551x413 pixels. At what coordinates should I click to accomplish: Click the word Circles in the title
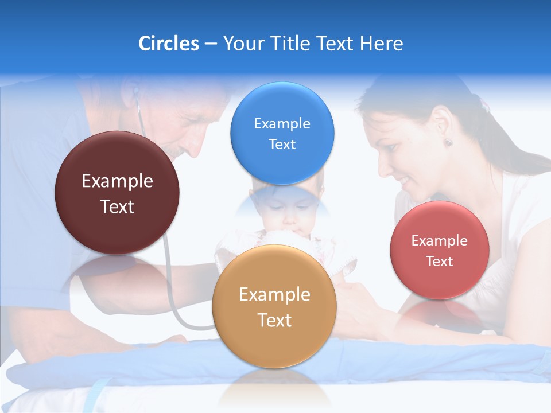(168, 44)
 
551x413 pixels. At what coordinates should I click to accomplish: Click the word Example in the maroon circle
(117, 181)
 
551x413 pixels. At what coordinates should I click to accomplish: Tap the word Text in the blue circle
(282, 145)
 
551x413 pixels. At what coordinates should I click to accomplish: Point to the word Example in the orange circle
(274, 295)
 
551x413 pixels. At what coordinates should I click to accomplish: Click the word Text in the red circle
(440, 262)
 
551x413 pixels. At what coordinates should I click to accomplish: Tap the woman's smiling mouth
(405, 183)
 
